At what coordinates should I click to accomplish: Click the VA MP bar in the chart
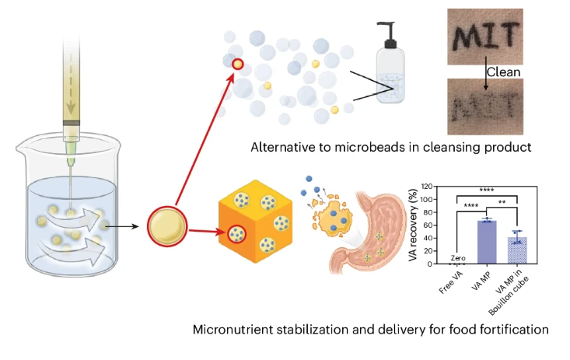486,243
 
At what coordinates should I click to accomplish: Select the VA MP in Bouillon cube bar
515,250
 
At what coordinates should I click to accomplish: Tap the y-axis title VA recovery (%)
418,225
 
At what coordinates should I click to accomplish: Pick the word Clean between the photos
502,72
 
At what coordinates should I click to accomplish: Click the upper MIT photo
503,36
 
